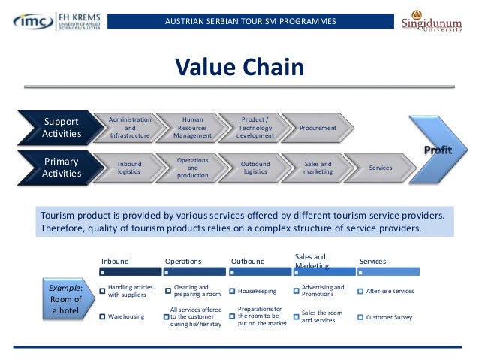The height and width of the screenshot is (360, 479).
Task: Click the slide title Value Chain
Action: pos(239,68)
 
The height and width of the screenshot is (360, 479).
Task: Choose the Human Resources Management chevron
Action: pos(193,128)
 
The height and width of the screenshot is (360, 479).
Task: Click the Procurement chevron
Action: pos(318,129)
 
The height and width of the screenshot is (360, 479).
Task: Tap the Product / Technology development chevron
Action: pos(255,128)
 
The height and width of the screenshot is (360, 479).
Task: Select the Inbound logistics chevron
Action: pos(129,168)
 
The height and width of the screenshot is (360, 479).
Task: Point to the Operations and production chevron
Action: pos(193,168)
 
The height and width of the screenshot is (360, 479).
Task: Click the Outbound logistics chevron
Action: pos(255,168)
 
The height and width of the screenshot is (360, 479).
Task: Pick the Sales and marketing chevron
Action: pos(318,168)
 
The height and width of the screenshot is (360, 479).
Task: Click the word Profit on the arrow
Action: pos(438,150)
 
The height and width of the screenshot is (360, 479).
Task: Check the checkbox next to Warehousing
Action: pos(103,317)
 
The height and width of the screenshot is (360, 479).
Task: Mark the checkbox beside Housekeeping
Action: pos(232,291)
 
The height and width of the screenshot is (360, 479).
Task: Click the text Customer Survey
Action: pos(389,317)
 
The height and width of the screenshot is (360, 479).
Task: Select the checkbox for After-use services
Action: pos(360,291)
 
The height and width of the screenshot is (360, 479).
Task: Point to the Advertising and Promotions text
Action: pos(323,291)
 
